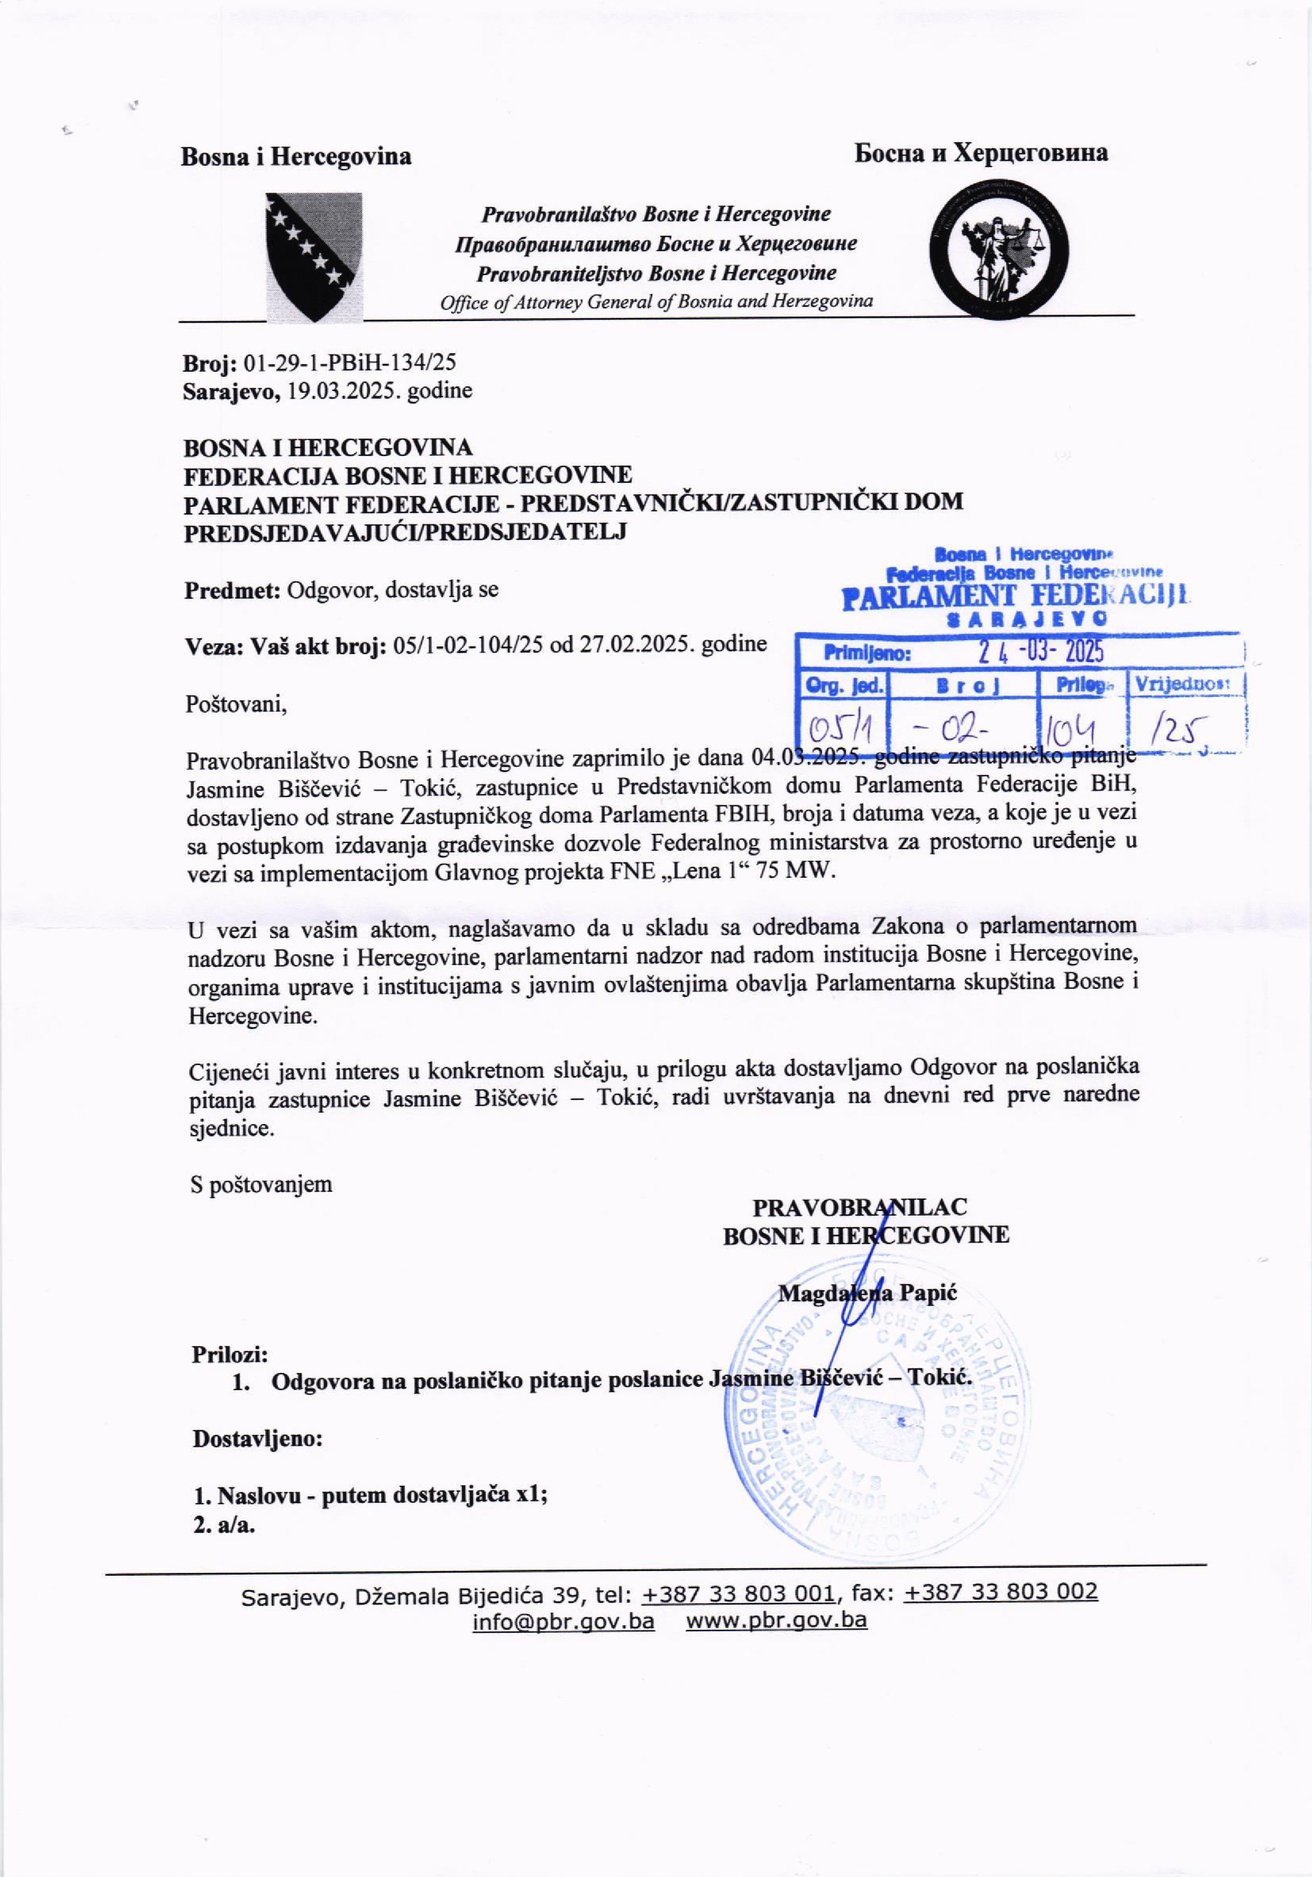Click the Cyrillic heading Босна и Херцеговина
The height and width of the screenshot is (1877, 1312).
[x=981, y=153]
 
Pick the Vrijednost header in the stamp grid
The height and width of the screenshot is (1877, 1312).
[x=1185, y=684]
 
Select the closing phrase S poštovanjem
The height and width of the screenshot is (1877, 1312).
[x=261, y=1184]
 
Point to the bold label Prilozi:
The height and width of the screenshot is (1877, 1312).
[x=231, y=1355]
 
